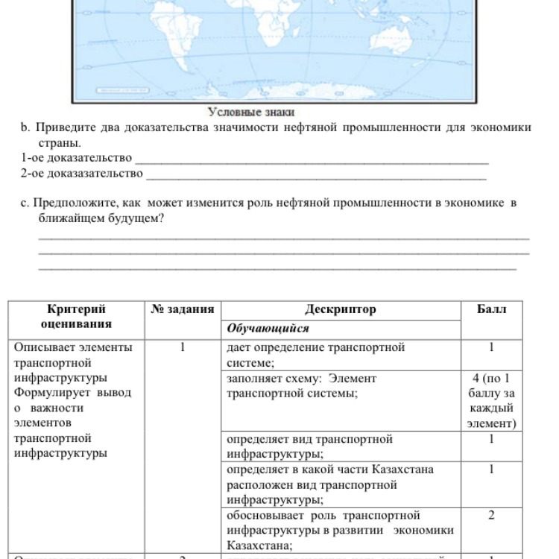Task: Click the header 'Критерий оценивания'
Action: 76,316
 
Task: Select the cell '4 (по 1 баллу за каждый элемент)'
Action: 491,401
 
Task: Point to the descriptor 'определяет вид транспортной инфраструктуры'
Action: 309,446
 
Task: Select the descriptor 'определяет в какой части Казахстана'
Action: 329,484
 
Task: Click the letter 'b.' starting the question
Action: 25,127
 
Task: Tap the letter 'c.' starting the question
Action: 25,203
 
